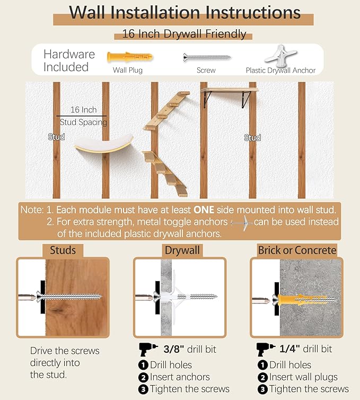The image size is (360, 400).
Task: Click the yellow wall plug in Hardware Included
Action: (x=130, y=57)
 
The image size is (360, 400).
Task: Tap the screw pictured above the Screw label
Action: (x=207, y=57)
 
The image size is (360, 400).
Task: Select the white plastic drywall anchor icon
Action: (x=280, y=55)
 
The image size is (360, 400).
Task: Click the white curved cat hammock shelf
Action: (x=104, y=144)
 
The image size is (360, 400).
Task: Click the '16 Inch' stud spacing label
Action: (x=84, y=110)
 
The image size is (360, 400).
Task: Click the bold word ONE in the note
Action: (x=204, y=210)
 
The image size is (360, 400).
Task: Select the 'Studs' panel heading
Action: (x=63, y=250)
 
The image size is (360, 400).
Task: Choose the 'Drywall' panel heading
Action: (x=182, y=250)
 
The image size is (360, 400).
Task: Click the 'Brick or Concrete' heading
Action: (x=297, y=250)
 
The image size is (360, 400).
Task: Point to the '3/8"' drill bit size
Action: (x=173, y=349)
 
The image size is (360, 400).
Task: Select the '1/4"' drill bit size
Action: (x=289, y=349)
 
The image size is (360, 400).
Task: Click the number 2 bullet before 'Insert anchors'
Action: (x=143, y=377)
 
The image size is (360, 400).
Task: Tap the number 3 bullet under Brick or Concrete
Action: (x=262, y=389)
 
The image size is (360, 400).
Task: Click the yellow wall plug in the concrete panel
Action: (x=302, y=300)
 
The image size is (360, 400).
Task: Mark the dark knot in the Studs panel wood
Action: (x=58, y=310)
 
